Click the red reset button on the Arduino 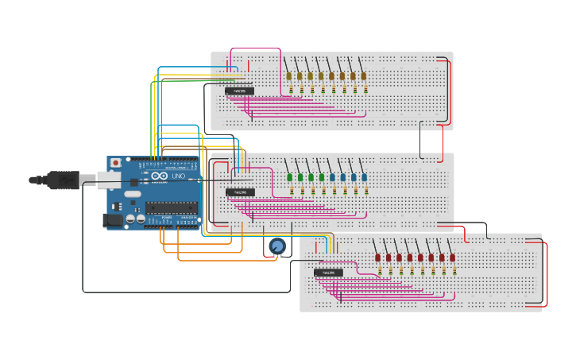pos(116,163)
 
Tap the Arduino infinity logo pos(160,176)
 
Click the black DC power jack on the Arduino pos(114,220)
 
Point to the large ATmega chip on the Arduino pos(171,208)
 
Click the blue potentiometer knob pos(276,247)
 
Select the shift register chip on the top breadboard pos(240,91)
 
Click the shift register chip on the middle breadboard pos(240,192)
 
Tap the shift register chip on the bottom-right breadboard pos(328,273)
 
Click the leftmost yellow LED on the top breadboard pos(289,76)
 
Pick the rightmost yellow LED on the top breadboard pos(363,76)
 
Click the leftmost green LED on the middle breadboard pos(290,177)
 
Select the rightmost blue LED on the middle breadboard pos(364,177)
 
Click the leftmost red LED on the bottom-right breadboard pos(378,257)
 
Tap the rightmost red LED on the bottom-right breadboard pos(452,257)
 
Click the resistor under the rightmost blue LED pos(366,191)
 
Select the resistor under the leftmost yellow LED pos(292,90)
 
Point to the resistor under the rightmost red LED pos(454,271)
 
